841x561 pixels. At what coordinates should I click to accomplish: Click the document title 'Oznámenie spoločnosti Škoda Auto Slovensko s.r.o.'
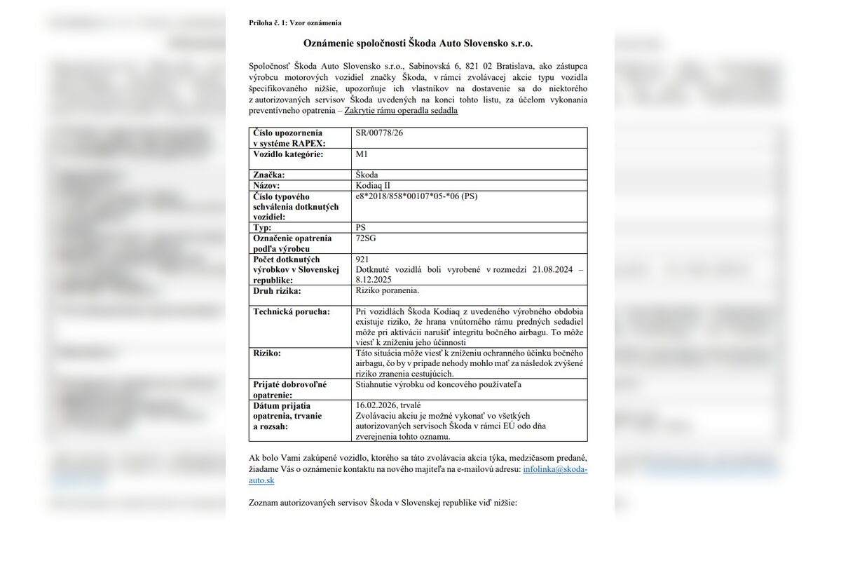[x=418, y=43]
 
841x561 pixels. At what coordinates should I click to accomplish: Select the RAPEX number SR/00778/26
[x=380, y=133]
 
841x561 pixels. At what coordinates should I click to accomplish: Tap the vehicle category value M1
[x=362, y=154]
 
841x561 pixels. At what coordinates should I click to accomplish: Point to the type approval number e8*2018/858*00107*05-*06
[x=416, y=196]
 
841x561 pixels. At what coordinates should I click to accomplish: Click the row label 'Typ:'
[x=264, y=228]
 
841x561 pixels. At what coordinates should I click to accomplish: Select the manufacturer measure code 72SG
[x=367, y=238]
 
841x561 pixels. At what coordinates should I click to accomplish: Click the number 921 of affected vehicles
[x=362, y=259]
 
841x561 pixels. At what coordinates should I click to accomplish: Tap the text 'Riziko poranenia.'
[x=388, y=290]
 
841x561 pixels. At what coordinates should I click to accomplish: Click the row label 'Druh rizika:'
[x=277, y=290]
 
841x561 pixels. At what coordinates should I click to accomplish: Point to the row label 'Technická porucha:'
[x=291, y=311]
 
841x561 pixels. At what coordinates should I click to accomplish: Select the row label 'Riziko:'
[x=267, y=353]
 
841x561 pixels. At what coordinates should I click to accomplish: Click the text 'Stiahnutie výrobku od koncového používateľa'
[x=439, y=384]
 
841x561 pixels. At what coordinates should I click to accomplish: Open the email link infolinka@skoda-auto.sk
[x=554, y=469]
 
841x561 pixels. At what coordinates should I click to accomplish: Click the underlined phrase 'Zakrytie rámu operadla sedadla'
[x=401, y=111]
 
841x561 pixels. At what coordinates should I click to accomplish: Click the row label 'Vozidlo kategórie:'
[x=288, y=154]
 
